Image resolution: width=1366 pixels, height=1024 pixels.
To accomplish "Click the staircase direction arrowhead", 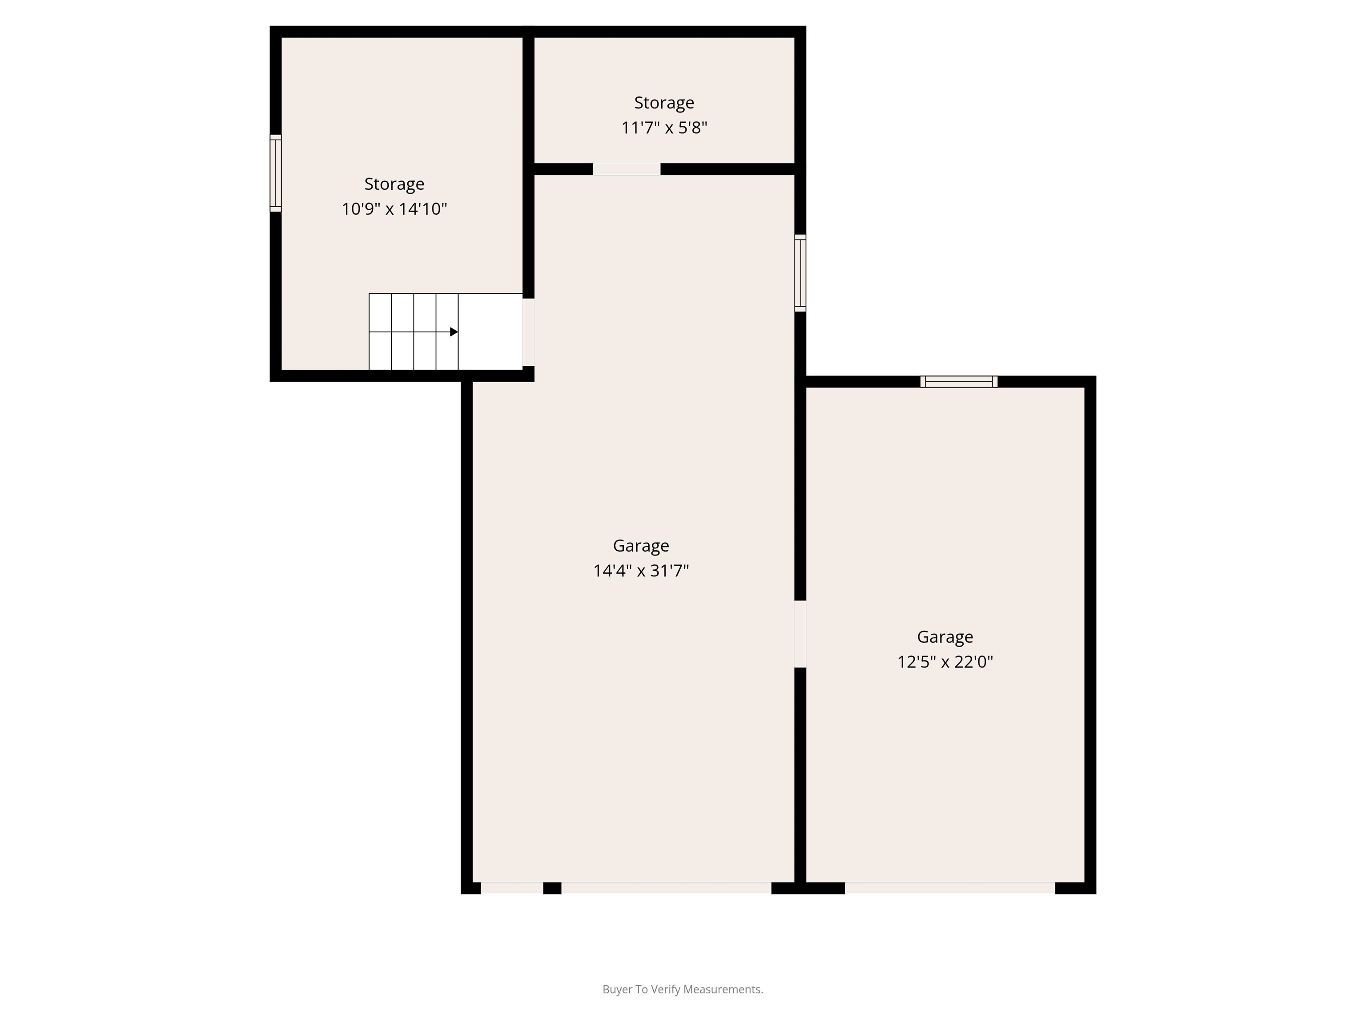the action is click(454, 332).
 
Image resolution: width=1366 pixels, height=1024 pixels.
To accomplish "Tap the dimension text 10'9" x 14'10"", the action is click(394, 208).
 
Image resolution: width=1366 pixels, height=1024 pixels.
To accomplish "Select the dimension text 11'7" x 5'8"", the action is click(664, 128).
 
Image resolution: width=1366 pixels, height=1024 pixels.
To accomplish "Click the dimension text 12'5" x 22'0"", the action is click(945, 662).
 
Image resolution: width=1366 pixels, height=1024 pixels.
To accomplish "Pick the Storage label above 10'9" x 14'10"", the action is click(394, 184).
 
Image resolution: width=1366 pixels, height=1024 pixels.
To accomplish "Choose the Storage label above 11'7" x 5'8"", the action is click(664, 103).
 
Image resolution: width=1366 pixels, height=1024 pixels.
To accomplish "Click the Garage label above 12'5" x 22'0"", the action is click(945, 637).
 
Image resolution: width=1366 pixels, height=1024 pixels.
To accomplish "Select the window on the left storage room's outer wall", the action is click(275, 173).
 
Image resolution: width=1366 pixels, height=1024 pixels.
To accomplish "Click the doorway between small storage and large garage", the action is click(627, 169).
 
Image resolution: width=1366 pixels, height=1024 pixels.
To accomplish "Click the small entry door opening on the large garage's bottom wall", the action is click(512, 888).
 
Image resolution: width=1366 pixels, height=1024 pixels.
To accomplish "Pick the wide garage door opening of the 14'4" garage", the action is click(667, 888).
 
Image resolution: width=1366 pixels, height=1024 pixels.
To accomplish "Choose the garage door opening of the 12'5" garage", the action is click(950, 888).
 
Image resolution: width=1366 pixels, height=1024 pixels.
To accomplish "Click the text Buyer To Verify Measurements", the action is click(683, 989).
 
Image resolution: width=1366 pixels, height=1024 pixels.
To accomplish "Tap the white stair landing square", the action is click(490, 332).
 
